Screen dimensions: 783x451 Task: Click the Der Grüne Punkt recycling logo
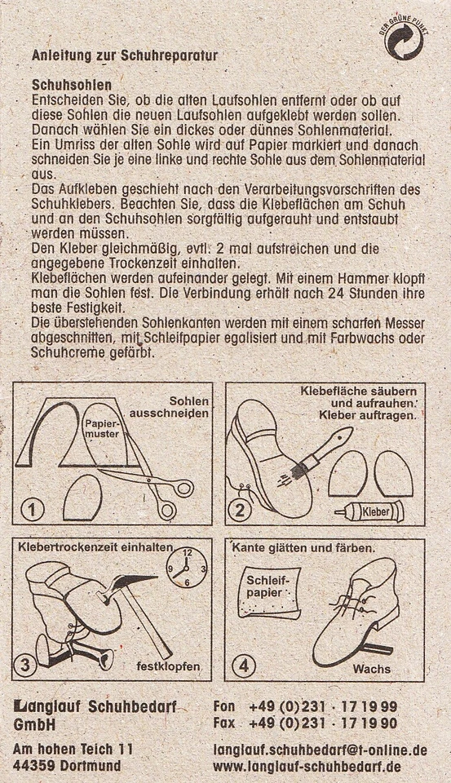pos(405,41)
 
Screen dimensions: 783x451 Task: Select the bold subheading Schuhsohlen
pos(72,84)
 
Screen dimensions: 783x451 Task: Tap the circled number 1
pos(32,511)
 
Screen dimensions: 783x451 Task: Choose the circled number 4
pos(243,665)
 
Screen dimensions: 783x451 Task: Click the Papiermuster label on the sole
pos(103,430)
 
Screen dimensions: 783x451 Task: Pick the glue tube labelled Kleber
pos(368,512)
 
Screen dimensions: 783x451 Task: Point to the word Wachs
pos(371,670)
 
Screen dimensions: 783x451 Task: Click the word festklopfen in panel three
pos(168,667)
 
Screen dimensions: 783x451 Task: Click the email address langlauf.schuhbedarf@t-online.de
pos(319,749)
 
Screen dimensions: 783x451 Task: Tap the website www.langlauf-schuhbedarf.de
pos(307,767)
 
